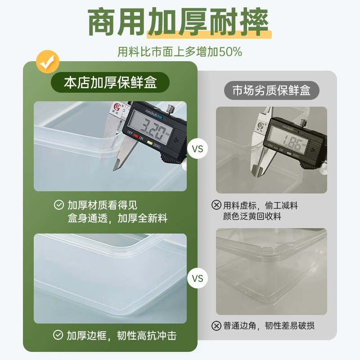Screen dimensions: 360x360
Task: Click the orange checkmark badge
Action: (x=48, y=62)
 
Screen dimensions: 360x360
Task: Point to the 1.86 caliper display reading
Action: (x=292, y=142)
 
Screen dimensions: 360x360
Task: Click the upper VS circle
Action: (x=198, y=148)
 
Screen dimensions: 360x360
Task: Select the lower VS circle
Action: (x=198, y=278)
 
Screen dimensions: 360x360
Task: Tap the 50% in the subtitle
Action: (x=230, y=51)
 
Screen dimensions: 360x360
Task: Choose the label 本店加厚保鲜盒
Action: (x=110, y=82)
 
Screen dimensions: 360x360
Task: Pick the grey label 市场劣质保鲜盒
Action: (x=271, y=90)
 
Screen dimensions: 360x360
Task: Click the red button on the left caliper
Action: (x=136, y=136)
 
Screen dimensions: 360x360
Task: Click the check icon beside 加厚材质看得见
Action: (x=59, y=205)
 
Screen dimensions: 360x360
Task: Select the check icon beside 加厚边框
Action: (x=58, y=335)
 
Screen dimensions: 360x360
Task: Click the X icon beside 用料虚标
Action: (x=216, y=205)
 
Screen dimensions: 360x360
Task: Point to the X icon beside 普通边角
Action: (x=216, y=325)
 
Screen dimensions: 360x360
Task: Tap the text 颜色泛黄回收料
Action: (x=252, y=216)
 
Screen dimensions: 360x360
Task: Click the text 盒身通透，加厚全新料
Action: (x=117, y=218)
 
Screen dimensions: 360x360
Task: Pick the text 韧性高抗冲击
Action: (x=147, y=335)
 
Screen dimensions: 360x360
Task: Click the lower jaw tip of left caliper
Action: (x=114, y=170)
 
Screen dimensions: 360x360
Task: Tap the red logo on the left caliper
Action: (x=117, y=107)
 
